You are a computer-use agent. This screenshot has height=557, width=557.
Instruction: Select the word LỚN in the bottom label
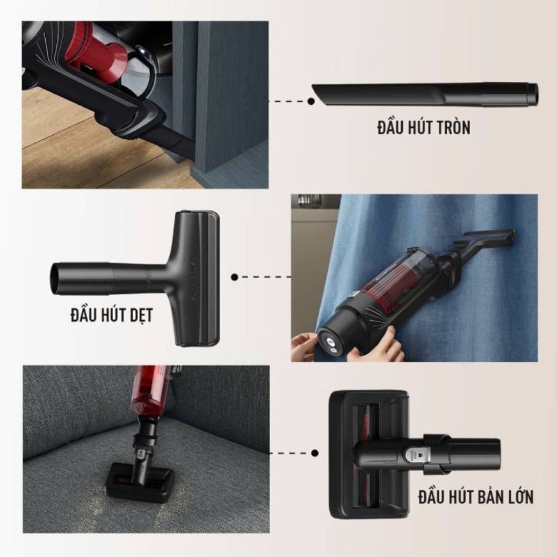coord(517,497)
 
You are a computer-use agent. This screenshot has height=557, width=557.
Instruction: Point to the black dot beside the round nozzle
coord(311,101)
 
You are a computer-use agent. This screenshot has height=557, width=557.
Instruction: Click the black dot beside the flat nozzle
coord(234,277)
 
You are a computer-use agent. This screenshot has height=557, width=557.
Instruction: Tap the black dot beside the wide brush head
coord(315,453)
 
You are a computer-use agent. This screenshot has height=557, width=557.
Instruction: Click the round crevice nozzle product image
coord(425,95)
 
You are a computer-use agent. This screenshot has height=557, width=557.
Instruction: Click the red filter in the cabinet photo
coord(97,53)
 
